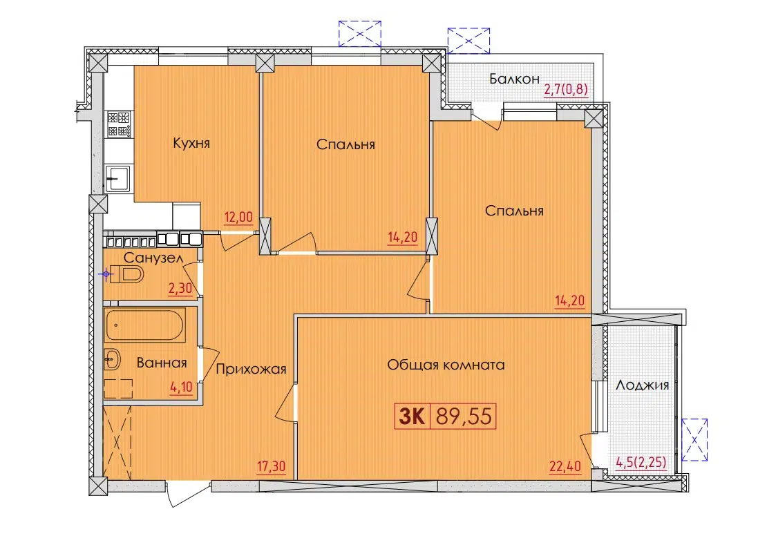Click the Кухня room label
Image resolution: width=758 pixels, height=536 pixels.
point(191,143)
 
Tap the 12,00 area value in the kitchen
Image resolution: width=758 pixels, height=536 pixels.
point(239,218)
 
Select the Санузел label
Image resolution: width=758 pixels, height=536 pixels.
point(153,258)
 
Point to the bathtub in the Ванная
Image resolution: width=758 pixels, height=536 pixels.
point(144,325)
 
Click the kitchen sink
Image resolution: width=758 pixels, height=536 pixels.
point(118,179)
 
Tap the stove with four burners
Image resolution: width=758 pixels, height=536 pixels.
point(118,124)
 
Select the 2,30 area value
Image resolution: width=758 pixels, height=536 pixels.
point(180,289)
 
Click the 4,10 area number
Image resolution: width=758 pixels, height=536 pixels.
point(181,387)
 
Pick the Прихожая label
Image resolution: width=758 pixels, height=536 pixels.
point(251,370)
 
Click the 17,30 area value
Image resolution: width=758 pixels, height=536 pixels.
point(271,466)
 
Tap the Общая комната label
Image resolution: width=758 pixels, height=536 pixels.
point(446,365)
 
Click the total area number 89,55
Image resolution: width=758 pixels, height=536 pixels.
point(464,416)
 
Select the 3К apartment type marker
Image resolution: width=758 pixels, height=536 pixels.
point(412,416)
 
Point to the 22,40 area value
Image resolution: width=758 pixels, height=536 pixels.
point(565,466)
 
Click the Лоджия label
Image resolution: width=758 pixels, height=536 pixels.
point(643,385)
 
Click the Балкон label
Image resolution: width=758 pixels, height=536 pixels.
point(514,79)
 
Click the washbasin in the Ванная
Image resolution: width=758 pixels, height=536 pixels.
point(112,359)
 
